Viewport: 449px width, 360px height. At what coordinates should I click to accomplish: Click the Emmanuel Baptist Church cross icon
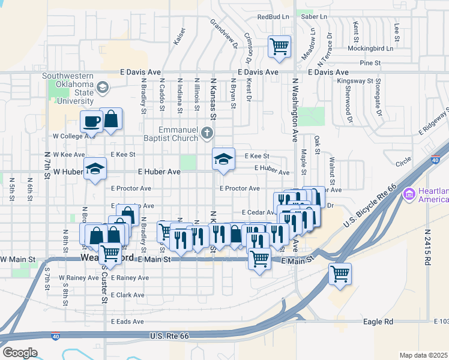(x=207, y=133)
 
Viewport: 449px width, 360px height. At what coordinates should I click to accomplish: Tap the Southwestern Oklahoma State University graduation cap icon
(x=103, y=88)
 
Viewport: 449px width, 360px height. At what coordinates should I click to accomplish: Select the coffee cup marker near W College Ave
(x=91, y=121)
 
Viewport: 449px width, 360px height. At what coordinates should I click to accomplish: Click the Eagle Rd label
(x=378, y=322)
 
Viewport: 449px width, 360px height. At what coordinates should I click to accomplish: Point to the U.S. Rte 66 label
(x=169, y=336)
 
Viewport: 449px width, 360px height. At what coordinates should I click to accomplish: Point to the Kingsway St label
(x=355, y=80)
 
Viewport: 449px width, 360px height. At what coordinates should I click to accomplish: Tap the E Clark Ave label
(x=128, y=295)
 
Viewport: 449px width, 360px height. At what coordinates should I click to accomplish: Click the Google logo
(x=20, y=353)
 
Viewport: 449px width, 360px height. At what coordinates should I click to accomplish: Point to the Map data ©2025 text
(x=423, y=355)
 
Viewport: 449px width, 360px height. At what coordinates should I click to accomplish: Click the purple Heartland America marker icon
(x=410, y=194)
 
